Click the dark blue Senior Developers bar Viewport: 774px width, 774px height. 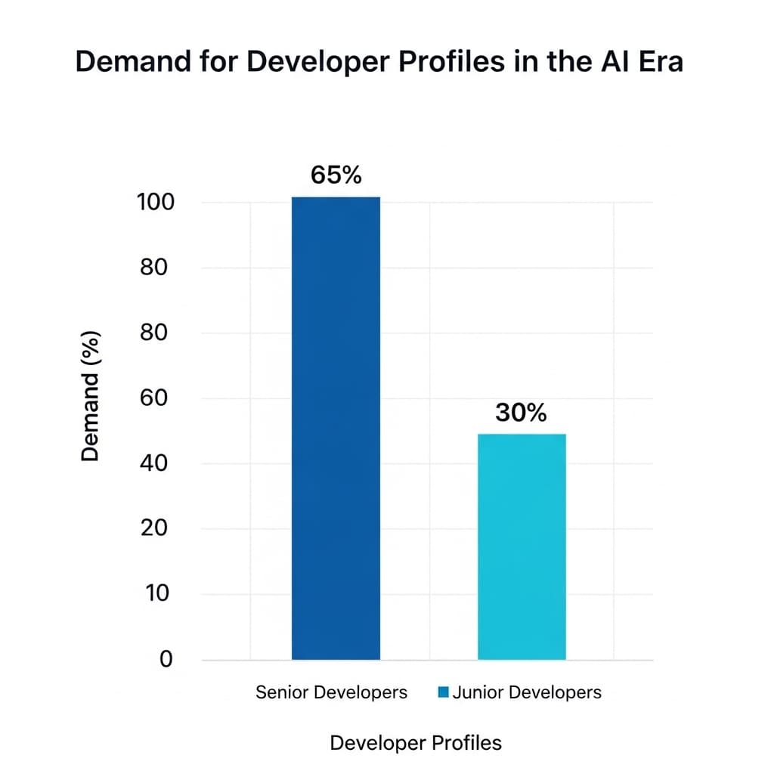coord(336,428)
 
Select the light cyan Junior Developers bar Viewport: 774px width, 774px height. coord(522,546)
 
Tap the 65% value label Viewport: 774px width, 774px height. coord(336,175)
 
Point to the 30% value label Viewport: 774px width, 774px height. coord(521,413)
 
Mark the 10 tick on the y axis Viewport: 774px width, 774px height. coord(157,593)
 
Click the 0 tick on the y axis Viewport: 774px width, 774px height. coord(166,659)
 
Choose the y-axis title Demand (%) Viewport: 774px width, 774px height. coord(91,395)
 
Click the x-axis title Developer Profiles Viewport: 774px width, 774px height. coord(416,743)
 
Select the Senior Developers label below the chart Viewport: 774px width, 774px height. coord(331,692)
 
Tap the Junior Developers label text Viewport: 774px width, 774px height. coord(527,692)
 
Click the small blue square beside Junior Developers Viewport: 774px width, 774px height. coord(444,692)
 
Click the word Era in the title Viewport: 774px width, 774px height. coord(655,62)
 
